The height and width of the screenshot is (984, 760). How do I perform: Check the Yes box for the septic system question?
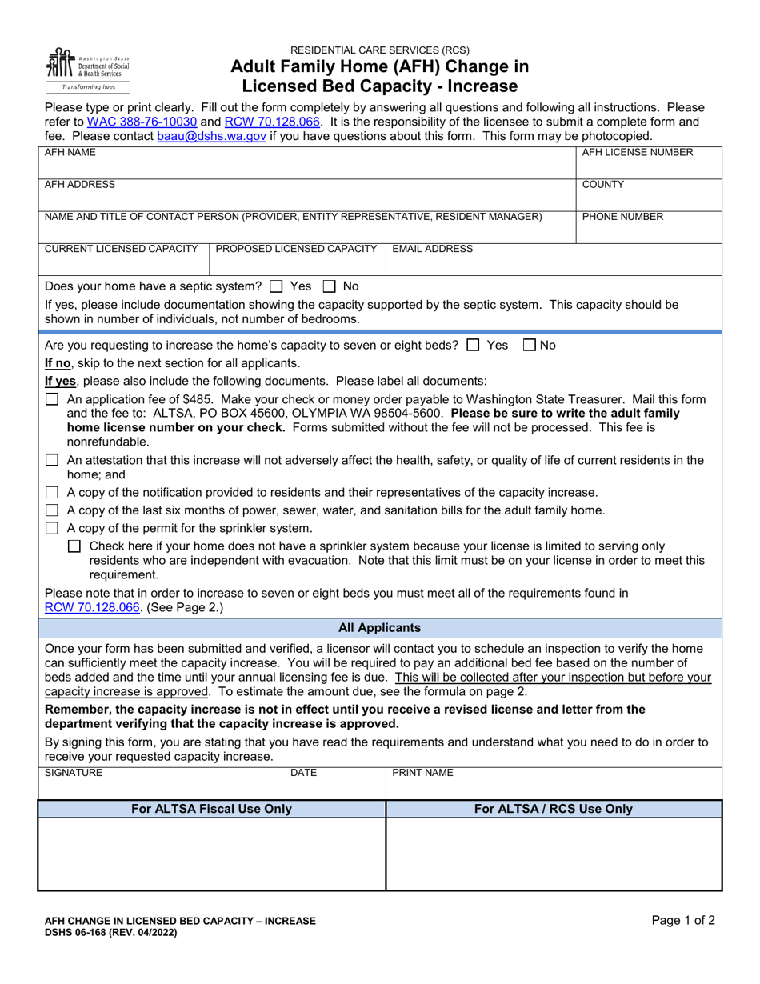click(277, 286)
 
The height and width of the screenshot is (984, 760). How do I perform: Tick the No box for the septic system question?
click(329, 286)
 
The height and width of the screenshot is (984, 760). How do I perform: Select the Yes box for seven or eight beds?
click(473, 346)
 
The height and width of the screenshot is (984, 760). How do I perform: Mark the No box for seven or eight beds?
click(528, 346)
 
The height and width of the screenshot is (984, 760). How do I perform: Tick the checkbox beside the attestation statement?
click(52, 460)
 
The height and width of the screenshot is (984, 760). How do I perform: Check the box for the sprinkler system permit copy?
click(52, 528)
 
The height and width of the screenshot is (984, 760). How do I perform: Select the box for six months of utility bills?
click(52, 510)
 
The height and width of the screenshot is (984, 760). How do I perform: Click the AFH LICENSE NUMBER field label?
click(637, 152)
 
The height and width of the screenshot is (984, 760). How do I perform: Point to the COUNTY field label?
click(603, 184)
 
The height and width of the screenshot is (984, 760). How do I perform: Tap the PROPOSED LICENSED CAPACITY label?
click(296, 249)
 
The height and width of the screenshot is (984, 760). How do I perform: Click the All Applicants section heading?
click(380, 628)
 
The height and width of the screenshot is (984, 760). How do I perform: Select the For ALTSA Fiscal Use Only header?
click(211, 809)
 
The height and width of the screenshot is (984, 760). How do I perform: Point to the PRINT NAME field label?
click(422, 773)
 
